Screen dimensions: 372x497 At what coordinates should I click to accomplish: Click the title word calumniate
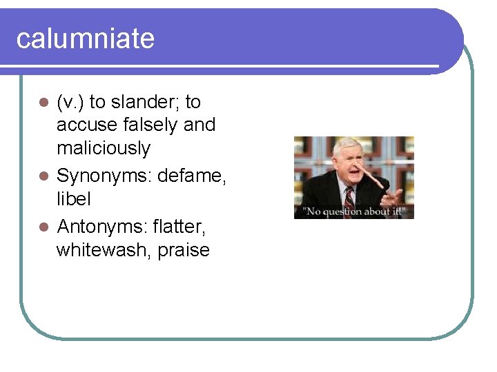(85, 39)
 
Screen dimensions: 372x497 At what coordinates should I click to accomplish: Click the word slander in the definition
(144, 102)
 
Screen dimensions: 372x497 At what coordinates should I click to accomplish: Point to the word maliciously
(103, 147)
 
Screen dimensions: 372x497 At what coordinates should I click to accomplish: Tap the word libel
(73, 199)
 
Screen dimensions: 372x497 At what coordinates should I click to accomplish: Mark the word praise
(184, 249)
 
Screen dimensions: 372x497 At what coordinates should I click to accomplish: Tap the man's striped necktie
(349, 198)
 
